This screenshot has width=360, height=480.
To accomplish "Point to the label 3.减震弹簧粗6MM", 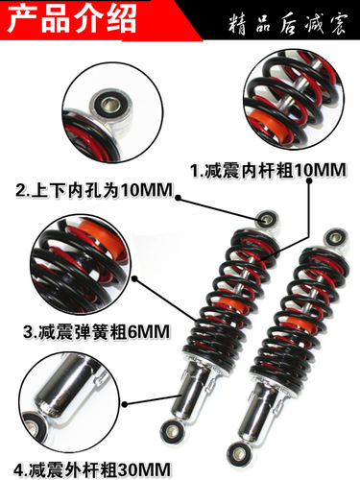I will [x=95, y=333].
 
